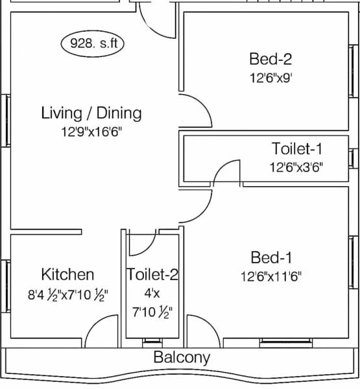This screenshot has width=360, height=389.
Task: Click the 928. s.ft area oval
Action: point(93,45)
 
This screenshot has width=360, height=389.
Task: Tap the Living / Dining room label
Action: point(91,113)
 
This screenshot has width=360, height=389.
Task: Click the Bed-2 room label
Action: point(270,60)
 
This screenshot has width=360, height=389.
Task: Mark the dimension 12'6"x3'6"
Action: point(296,167)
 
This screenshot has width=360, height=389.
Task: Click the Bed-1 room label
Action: point(270,256)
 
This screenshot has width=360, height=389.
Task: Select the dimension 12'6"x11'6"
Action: point(270,275)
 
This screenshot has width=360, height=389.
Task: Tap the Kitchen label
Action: point(67,274)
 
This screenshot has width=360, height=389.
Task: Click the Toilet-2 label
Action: point(152,274)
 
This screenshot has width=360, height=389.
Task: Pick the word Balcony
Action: point(182,357)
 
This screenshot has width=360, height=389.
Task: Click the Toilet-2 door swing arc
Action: point(141,241)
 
